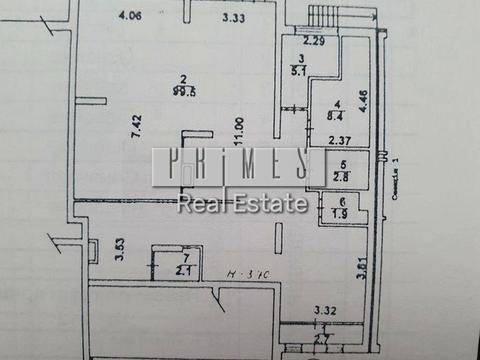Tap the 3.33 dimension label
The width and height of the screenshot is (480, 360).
coord(235,17)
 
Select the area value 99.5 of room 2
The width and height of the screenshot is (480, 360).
coord(182,90)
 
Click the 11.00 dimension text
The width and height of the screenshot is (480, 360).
coord(237,136)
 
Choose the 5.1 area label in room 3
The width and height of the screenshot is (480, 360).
coord(298,70)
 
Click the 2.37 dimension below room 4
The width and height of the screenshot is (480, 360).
coord(340,140)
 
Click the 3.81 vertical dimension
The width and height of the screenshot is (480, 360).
coord(361,269)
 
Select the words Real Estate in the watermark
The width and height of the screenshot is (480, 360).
coord(243,204)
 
